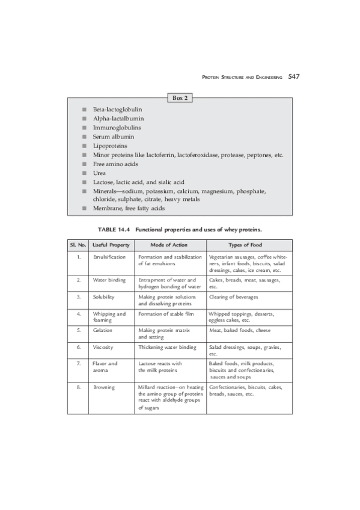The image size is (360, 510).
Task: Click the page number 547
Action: click(293, 76)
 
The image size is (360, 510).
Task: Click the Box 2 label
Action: click(180, 97)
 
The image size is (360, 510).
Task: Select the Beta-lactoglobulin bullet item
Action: click(117, 110)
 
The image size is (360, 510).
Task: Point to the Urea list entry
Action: click(99, 173)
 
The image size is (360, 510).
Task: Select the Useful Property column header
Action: click(109, 245)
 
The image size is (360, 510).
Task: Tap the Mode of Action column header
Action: click(170, 245)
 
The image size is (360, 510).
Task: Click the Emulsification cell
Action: click(109, 257)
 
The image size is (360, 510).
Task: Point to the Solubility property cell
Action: click(104, 297)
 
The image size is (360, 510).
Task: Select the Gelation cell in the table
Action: click(103, 330)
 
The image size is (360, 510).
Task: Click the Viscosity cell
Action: click(104, 347)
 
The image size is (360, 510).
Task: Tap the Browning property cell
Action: click(104, 387)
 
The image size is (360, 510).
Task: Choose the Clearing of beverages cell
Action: click(234, 297)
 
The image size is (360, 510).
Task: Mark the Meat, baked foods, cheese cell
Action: click(239, 330)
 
